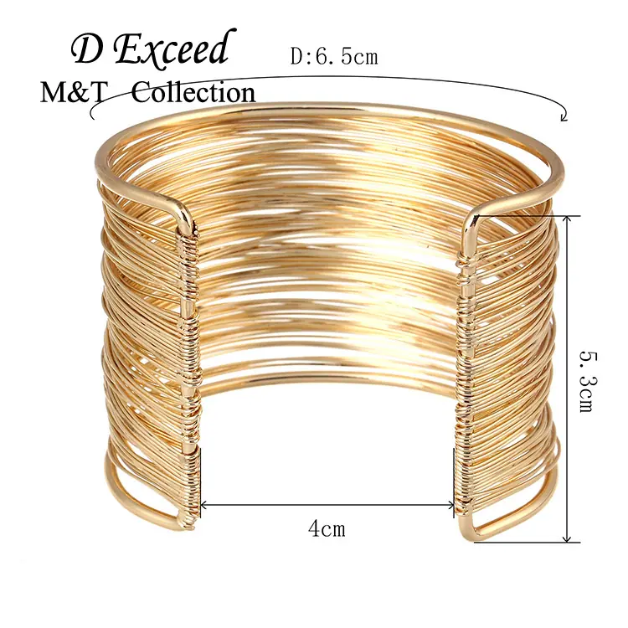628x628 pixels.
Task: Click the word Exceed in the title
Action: click(173, 47)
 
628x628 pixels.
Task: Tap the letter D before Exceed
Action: click(86, 51)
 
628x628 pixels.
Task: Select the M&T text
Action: click(74, 93)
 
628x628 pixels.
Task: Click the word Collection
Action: click(193, 92)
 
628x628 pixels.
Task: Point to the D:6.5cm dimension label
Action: click(334, 57)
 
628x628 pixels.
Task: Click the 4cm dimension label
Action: click(327, 528)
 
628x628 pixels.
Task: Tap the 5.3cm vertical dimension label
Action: click(589, 382)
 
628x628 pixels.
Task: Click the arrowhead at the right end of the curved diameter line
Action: click(564, 117)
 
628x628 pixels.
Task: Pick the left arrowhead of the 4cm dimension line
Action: click(203, 506)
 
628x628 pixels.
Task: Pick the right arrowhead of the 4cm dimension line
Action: click(450, 506)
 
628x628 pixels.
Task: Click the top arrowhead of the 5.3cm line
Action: click(566, 219)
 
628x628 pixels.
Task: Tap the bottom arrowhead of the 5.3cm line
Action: click(566, 538)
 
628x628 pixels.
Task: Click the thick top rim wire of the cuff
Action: click(328, 107)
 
